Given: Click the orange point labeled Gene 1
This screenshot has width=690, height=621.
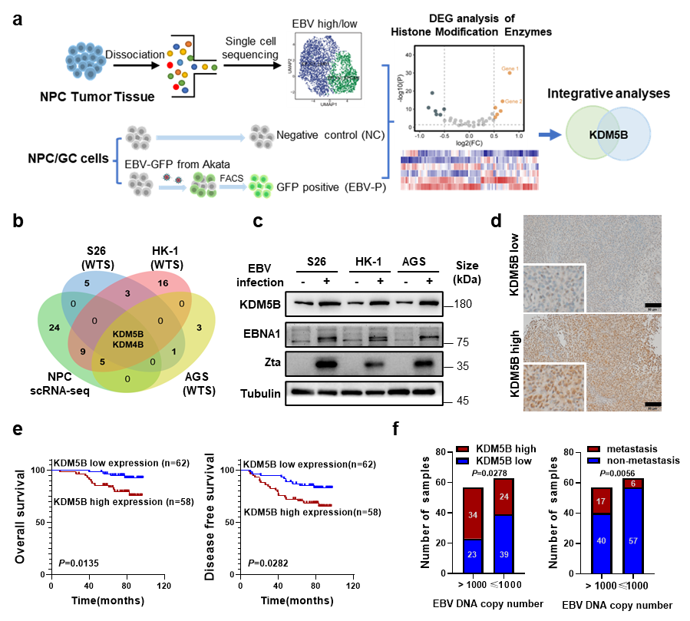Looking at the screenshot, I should point(510,73).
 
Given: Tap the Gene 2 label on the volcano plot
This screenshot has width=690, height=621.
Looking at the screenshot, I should point(514,101).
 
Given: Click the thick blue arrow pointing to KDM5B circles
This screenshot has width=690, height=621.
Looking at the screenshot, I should point(549,135).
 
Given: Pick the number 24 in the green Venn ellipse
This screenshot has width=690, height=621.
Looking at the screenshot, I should point(54,327).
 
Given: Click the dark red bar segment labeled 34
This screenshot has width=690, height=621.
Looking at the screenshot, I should point(473,514).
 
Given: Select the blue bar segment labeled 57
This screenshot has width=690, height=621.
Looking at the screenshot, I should point(633,540).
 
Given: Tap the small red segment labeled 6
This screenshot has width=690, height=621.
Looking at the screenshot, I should point(633,484).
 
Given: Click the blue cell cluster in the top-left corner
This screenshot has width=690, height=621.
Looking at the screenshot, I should point(86,60).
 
